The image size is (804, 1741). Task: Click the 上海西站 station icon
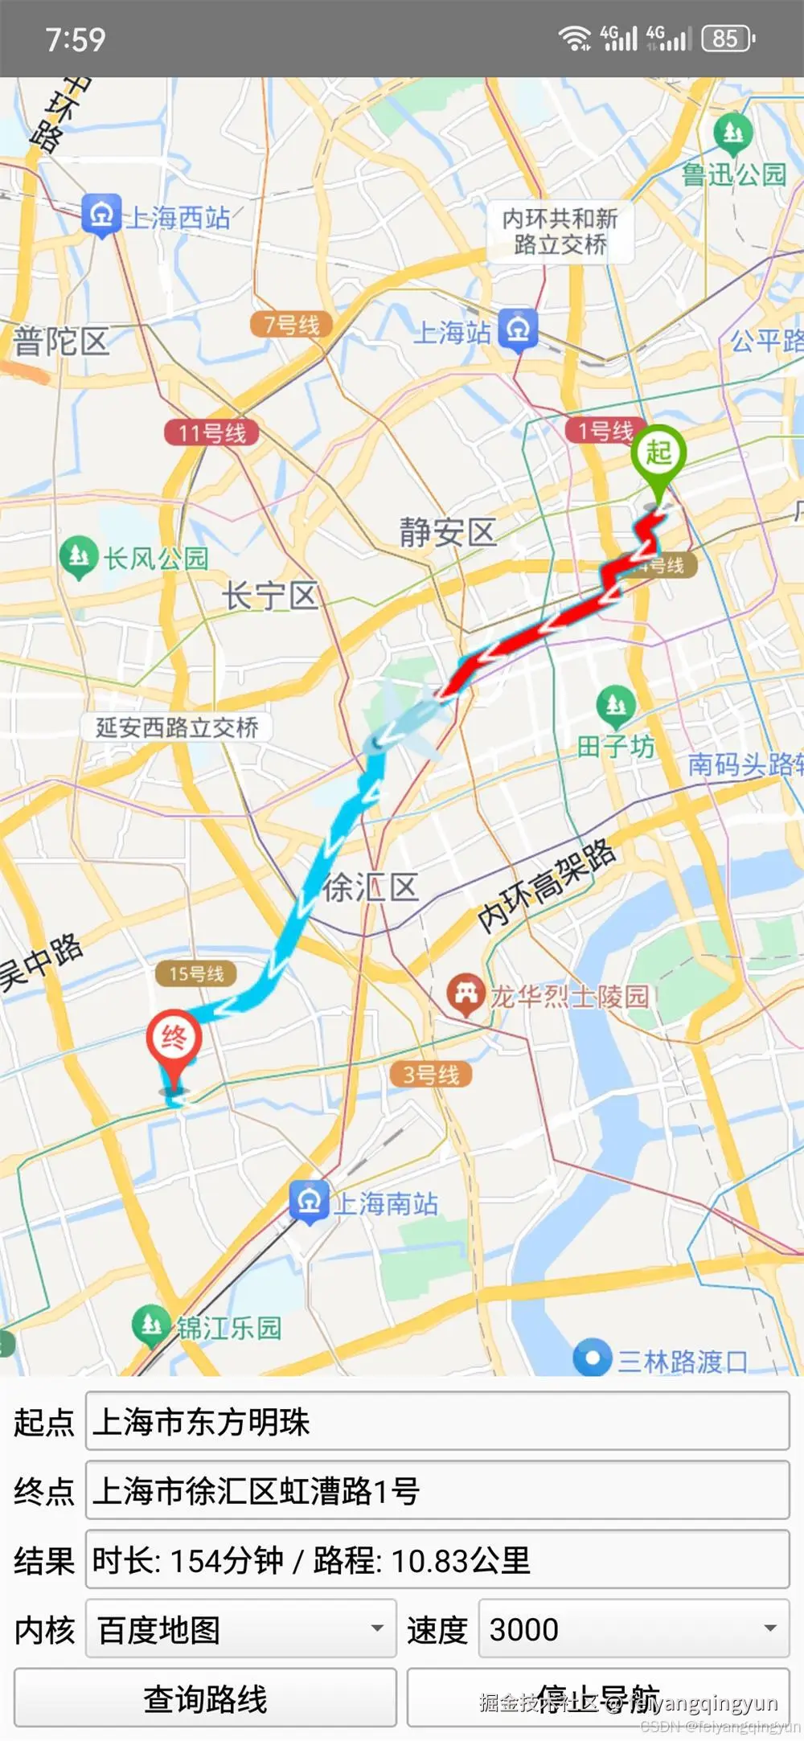[x=101, y=215]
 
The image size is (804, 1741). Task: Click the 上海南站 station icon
[x=309, y=1202]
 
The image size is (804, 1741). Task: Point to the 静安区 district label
[x=448, y=532]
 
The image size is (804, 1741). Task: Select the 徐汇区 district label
[x=371, y=888]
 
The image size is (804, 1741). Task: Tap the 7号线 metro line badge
[x=292, y=325]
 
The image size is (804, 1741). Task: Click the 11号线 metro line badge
[x=212, y=433]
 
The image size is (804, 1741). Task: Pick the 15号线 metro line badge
[x=196, y=974]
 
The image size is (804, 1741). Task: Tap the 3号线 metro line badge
[x=431, y=1075]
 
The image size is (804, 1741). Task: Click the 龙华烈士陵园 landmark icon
[x=466, y=994]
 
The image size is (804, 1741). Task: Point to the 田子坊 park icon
[x=616, y=705]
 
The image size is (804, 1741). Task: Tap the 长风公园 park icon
[x=79, y=555]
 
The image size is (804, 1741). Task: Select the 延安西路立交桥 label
[x=177, y=727]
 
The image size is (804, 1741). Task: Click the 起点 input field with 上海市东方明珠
[x=437, y=1422]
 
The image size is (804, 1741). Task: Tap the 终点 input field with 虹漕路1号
[x=437, y=1491]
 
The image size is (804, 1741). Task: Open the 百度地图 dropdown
[x=241, y=1629]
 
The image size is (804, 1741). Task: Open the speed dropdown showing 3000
[x=634, y=1629]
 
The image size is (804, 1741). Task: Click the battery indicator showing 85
[x=728, y=39]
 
